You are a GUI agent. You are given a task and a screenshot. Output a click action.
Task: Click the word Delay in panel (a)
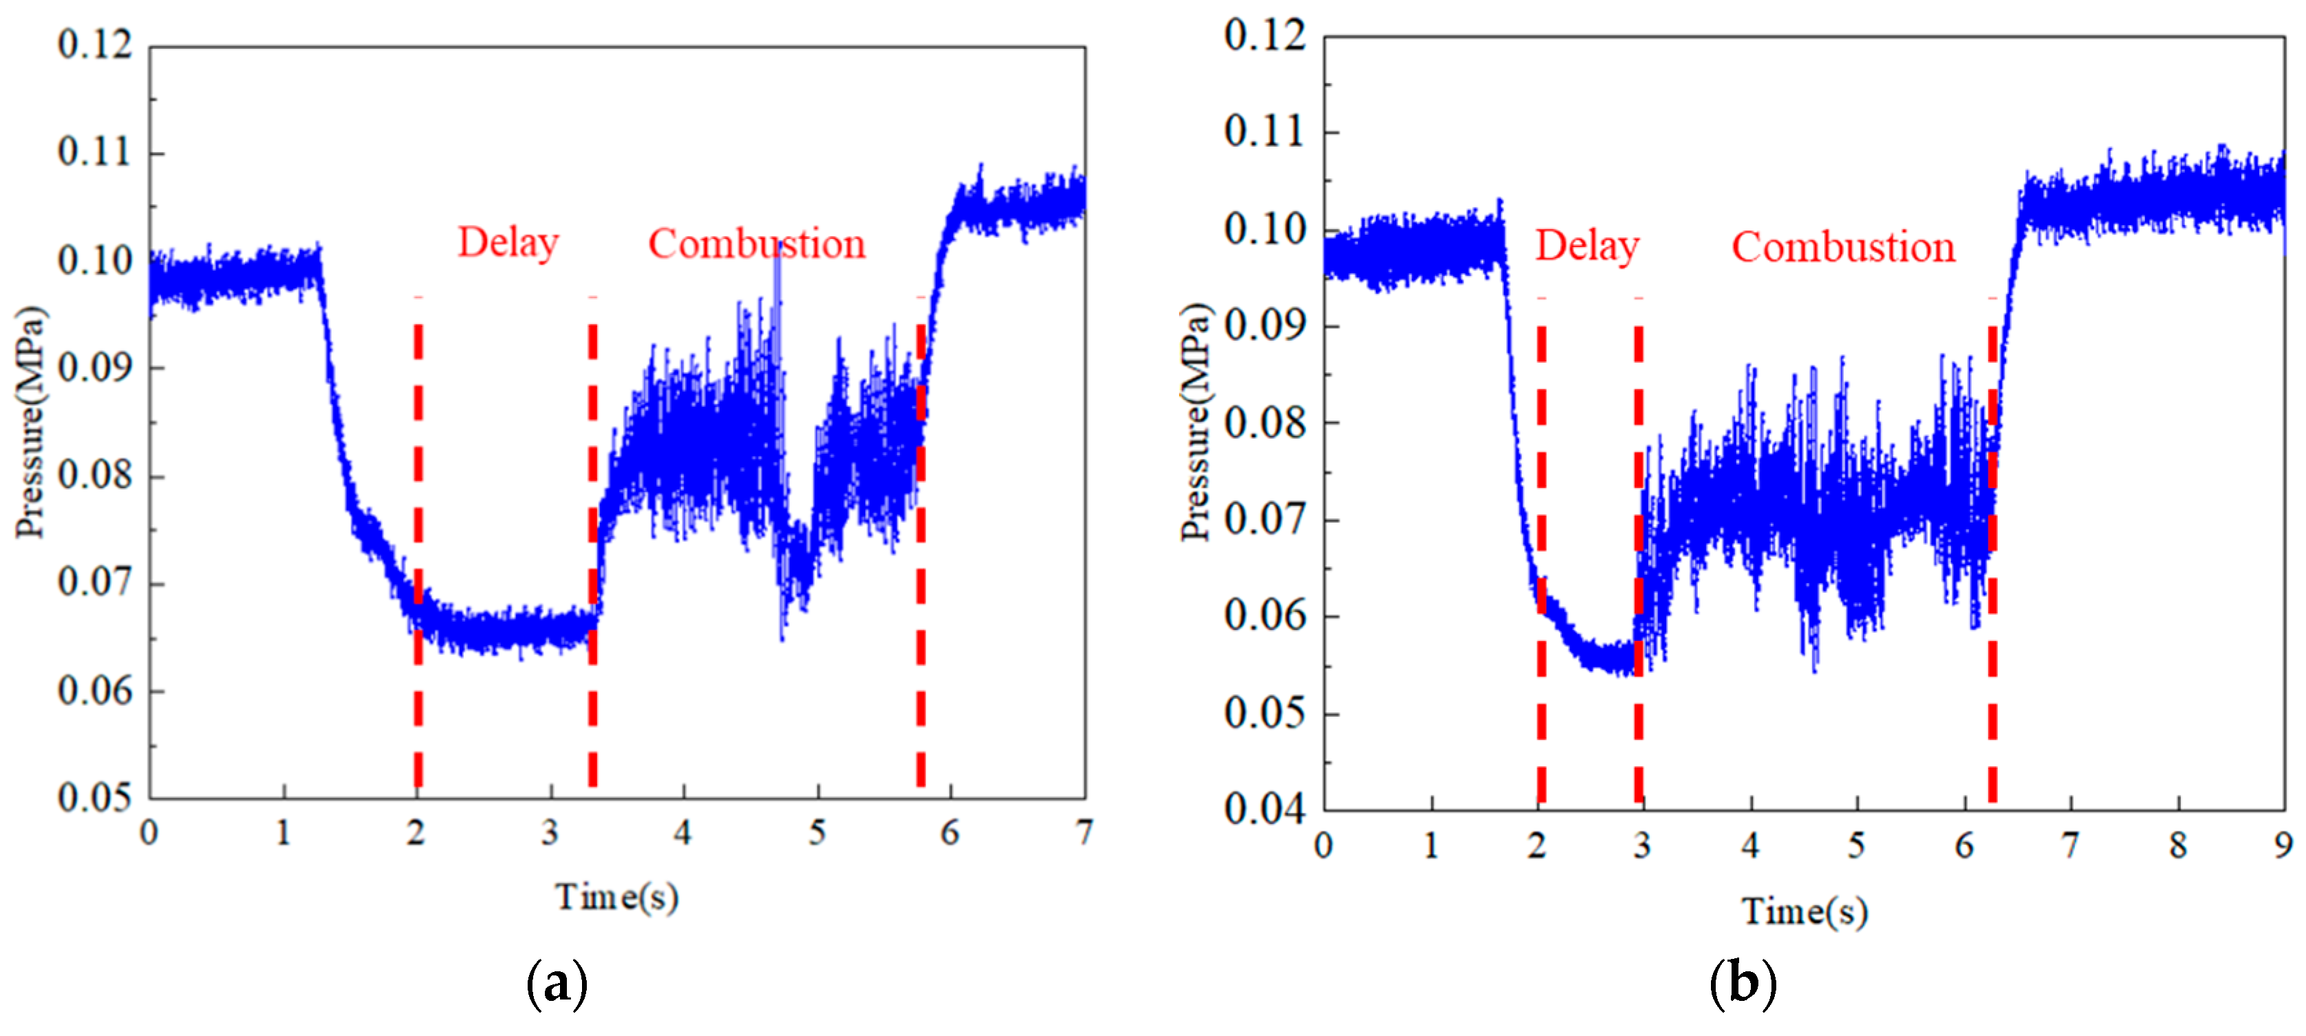[508, 244]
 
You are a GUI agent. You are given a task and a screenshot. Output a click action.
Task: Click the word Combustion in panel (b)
[1842, 247]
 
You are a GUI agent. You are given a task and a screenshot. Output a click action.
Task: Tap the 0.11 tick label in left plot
[95, 152]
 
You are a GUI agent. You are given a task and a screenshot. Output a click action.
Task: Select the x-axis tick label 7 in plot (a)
[1084, 833]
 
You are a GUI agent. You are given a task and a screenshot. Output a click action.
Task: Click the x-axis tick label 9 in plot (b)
[2283, 845]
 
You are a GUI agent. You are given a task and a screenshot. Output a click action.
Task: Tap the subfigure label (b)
[1742, 982]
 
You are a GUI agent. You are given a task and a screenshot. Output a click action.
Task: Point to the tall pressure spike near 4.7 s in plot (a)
[778, 295]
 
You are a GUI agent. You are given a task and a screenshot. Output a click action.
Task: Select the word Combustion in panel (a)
[757, 244]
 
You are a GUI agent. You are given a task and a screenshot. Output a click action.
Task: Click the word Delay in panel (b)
[1586, 246]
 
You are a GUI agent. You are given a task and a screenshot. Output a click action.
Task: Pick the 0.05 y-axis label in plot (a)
[95, 797]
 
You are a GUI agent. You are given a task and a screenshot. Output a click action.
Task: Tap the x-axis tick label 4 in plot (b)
[1749, 845]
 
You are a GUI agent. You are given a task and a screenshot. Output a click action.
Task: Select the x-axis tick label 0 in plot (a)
[149, 833]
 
